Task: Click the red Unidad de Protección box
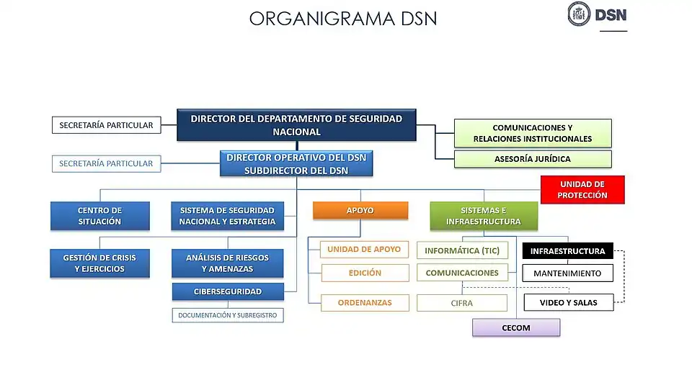(582, 190)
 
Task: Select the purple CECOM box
(515, 328)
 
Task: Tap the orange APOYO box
(360, 210)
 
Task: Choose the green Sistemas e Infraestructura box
(484, 216)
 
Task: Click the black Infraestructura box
(567, 251)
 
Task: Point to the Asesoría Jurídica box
(533, 159)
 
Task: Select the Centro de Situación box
(99, 216)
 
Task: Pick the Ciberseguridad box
(227, 292)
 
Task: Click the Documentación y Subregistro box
(227, 315)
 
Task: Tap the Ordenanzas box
(365, 303)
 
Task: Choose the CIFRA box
(462, 303)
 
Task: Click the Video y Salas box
(568, 302)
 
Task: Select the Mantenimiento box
(567, 273)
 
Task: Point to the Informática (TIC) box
(462, 251)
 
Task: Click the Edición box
(365, 273)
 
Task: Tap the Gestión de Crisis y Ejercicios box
(99, 263)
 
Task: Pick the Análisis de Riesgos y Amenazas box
(227, 263)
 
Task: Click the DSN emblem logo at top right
(580, 14)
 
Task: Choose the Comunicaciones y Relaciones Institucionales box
(533, 133)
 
